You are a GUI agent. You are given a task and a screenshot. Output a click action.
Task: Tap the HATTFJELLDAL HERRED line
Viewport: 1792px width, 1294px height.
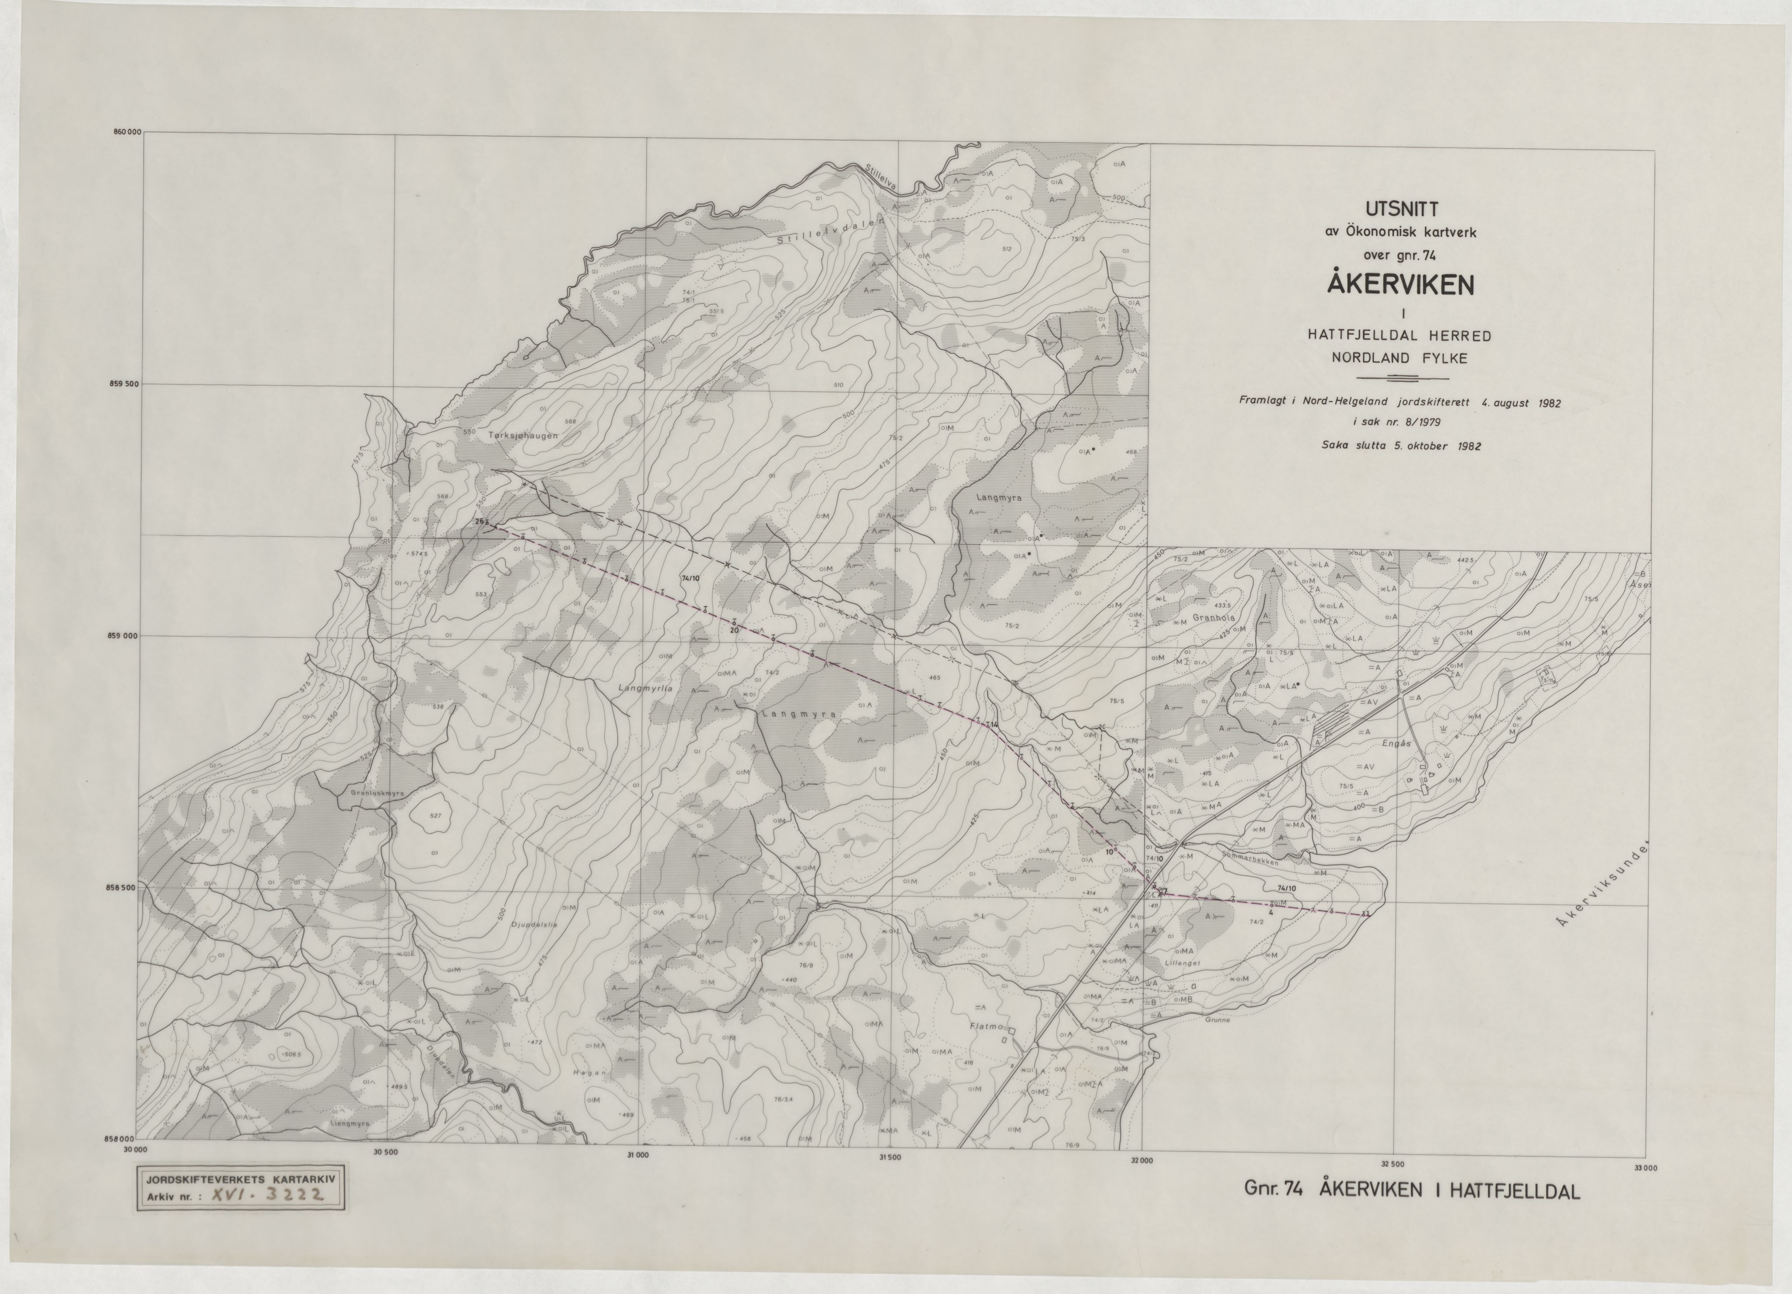tap(1399, 336)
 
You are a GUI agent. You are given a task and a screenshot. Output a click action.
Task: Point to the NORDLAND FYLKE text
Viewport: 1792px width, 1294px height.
tap(1399, 358)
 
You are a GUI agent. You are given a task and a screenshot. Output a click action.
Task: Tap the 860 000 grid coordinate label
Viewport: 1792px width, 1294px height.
tap(126, 133)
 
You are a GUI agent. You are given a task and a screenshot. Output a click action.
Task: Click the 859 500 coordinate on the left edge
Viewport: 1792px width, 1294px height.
tap(124, 385)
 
